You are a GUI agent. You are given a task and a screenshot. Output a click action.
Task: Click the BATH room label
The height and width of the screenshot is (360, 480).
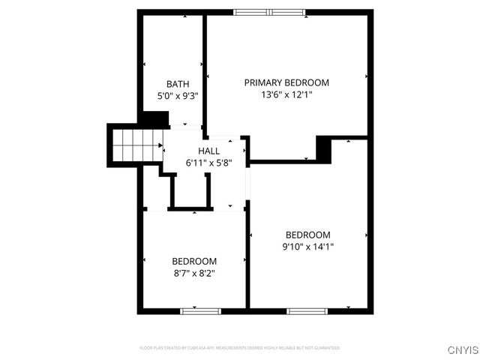(178, 84)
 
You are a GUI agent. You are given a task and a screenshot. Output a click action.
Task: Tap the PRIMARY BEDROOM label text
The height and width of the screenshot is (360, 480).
(286, 82)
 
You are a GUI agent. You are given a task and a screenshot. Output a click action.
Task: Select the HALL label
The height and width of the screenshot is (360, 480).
(209, 151)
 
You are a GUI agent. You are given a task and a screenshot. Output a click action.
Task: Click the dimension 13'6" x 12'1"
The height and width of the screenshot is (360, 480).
(286, 95)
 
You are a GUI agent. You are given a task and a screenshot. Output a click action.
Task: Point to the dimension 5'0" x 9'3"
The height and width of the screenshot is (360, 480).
(178, 96)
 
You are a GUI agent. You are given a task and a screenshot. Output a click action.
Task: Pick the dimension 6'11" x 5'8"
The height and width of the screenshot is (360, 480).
(209, 163)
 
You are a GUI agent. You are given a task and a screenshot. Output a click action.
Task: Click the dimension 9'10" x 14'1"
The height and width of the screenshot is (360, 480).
(307, 246)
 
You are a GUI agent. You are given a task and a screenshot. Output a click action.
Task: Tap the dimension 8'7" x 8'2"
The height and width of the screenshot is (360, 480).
(194, 273)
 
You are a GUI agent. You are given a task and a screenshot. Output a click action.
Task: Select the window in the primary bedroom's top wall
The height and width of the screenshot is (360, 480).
(269, 12)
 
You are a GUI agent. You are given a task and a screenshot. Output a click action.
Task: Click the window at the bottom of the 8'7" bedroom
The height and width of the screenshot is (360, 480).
(194, 310)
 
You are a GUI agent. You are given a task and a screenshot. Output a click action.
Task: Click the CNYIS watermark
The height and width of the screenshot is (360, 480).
(462, 349)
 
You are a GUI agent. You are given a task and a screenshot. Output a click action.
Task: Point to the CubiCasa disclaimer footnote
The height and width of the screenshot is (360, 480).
(240, 348)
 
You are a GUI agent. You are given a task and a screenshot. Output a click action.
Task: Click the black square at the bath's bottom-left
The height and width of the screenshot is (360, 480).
(156, 119)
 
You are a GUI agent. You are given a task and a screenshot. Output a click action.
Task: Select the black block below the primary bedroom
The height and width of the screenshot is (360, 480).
(324, 148)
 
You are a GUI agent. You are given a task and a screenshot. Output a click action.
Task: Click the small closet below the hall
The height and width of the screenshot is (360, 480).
(188, 190)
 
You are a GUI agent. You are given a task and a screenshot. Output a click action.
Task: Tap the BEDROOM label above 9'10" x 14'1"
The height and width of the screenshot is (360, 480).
(307, 234)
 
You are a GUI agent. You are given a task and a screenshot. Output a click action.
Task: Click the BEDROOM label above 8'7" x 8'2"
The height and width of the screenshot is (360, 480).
(194, 261)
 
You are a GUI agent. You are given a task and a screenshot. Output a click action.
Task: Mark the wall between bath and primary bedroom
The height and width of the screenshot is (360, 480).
(205, 67)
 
